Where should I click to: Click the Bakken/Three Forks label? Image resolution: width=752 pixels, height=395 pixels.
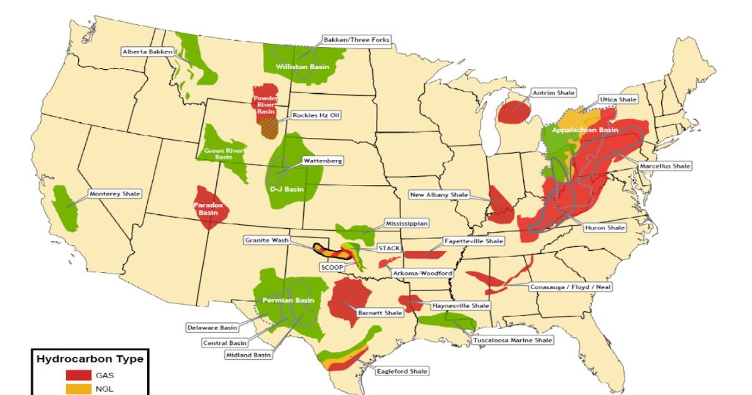tap(356, 39)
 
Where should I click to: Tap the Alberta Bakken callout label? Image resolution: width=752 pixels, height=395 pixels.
tap(147, 52)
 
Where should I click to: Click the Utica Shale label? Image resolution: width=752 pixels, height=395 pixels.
tap(618, 99)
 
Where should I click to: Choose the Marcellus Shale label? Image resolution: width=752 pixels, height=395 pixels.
tap(665, 166)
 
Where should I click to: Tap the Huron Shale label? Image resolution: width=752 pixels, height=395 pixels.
tap(604, 228)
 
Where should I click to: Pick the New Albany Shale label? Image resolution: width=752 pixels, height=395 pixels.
tap(439, 195)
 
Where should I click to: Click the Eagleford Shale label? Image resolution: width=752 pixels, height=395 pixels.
tap(402, 371)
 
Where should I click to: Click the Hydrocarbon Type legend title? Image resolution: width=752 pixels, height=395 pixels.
tap(90, 359)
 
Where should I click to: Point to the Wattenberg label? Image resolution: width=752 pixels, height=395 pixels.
tap(322, 161)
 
